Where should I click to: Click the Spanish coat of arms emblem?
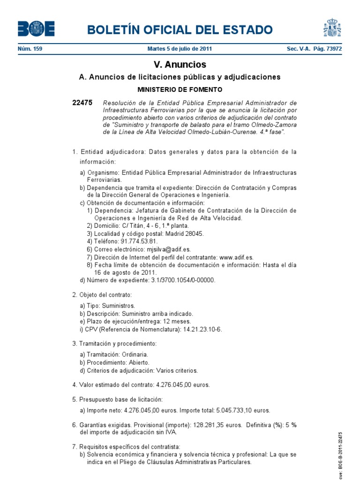tap(332, 28)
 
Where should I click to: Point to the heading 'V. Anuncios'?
tap(180, 65)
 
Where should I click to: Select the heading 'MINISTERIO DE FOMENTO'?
tap(180, 89)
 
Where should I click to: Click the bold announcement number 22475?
tap(82, 103)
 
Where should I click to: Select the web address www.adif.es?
tap(236, 257)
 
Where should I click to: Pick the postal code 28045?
tap(195, 233)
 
